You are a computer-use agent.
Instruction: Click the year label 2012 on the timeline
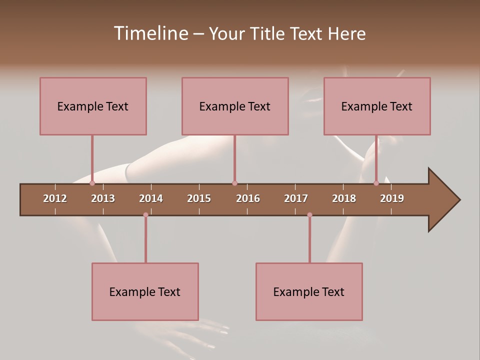pos(55,198)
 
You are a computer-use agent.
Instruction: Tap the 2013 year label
pos(103,198)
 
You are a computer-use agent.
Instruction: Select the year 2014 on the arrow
pos(151,198)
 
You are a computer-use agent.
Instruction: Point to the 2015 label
pos(199,198)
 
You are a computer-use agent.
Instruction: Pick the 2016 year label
pos(248,198)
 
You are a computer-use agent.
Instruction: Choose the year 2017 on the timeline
pos(296,198)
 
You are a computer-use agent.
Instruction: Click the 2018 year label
pos(344,198)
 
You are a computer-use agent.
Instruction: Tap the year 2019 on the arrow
pos(392,198)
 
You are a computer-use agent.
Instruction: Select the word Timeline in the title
pos(150,33)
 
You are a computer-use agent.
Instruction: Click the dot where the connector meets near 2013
pos(92,183)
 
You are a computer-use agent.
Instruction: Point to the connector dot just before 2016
pos(234,183)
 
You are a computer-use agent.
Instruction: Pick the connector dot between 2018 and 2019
pos(376,183)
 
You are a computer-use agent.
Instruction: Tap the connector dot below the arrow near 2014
pos(145,215)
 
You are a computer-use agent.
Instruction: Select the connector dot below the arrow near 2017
pos(309,215)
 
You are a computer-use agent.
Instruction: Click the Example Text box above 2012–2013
pos(93,106)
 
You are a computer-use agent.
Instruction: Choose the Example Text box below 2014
pos(145,291)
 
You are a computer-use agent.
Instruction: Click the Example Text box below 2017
pos(309,291)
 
